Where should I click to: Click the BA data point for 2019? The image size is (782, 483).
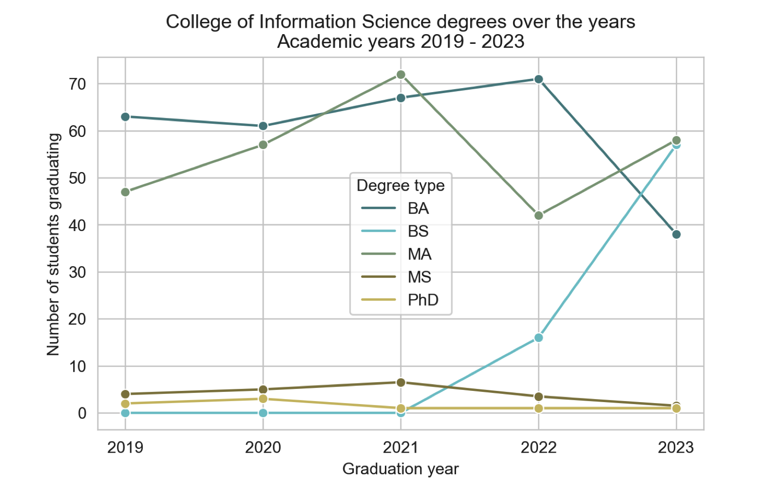125,116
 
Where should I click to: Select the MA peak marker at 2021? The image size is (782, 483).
401,75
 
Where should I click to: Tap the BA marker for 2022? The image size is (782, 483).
539,79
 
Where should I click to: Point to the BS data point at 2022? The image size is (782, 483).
539,338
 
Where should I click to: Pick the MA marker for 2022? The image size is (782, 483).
539,215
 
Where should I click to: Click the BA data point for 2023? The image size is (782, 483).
677,234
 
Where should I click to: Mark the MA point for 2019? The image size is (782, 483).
125,192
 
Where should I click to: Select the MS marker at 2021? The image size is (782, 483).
401,383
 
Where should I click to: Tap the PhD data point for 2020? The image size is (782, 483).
263,399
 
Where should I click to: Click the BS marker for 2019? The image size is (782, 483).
125,413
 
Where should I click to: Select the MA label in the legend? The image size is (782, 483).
420,254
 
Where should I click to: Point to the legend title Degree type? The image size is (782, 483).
401,185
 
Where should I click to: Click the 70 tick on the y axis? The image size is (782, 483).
77,84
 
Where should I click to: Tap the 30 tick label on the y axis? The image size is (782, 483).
77,272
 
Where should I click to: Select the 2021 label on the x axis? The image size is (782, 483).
401,447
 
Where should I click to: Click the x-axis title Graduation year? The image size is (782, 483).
401,469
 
